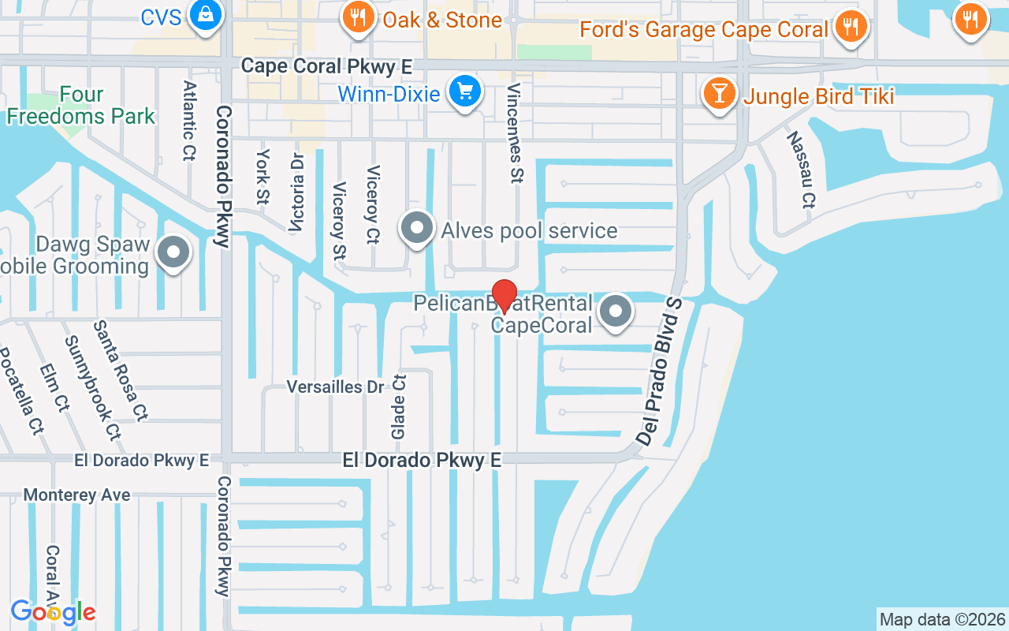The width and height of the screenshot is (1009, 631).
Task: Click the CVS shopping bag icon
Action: tap(205, 16)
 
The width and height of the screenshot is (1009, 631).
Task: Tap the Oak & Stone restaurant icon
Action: tap(359, 17)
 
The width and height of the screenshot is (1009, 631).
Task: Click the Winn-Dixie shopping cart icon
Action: tap(465, 92)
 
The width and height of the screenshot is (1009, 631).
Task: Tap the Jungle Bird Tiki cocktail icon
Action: tap(718, 95)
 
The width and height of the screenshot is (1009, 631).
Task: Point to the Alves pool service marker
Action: tap(417, 230)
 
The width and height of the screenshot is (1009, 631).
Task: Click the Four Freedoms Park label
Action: tap(81, 106)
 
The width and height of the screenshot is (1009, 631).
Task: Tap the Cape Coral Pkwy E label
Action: tap(326, 66)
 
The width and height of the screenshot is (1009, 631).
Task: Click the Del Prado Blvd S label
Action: tap(659, 372)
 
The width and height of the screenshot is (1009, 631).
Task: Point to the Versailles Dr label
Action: tap(335, 386)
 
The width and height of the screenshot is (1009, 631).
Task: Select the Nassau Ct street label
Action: tap(799, 170)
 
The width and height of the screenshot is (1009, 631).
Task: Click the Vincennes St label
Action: tap(516, 133)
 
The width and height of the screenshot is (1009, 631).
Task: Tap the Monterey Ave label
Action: tap(76, 495)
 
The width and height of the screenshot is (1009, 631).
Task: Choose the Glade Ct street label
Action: tap(399, 407)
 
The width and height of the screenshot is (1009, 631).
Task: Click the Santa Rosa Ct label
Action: tap(121, 369)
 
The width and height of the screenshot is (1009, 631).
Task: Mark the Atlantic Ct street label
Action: tap(188, 121)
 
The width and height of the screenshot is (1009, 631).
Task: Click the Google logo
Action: tap(53, 611)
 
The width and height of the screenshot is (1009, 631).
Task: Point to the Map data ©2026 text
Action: tap(942, 619)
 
